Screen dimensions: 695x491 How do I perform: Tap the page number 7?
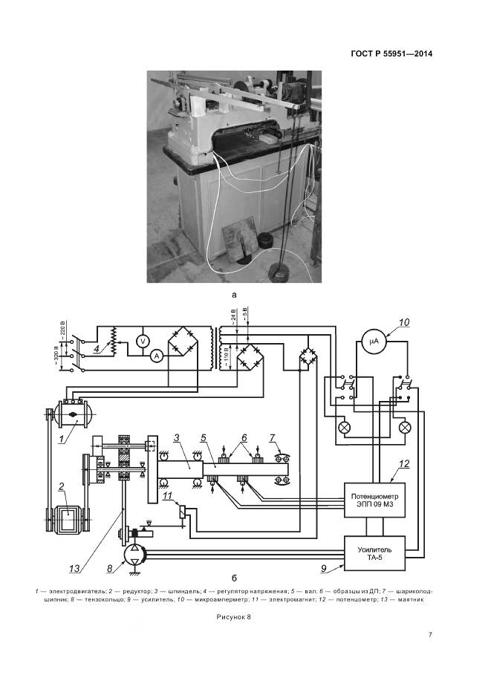tap(431, 634)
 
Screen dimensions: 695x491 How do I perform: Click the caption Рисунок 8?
tap(235, 616)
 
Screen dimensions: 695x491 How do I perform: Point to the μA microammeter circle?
tap(374, 342)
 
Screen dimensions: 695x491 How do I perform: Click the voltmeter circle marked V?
tap(142, 340)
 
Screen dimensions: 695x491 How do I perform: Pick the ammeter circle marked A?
tap(156, 356)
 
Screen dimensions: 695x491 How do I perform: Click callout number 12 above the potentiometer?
tap(403, 465)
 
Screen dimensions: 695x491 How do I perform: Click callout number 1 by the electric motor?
tap(63, 439)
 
